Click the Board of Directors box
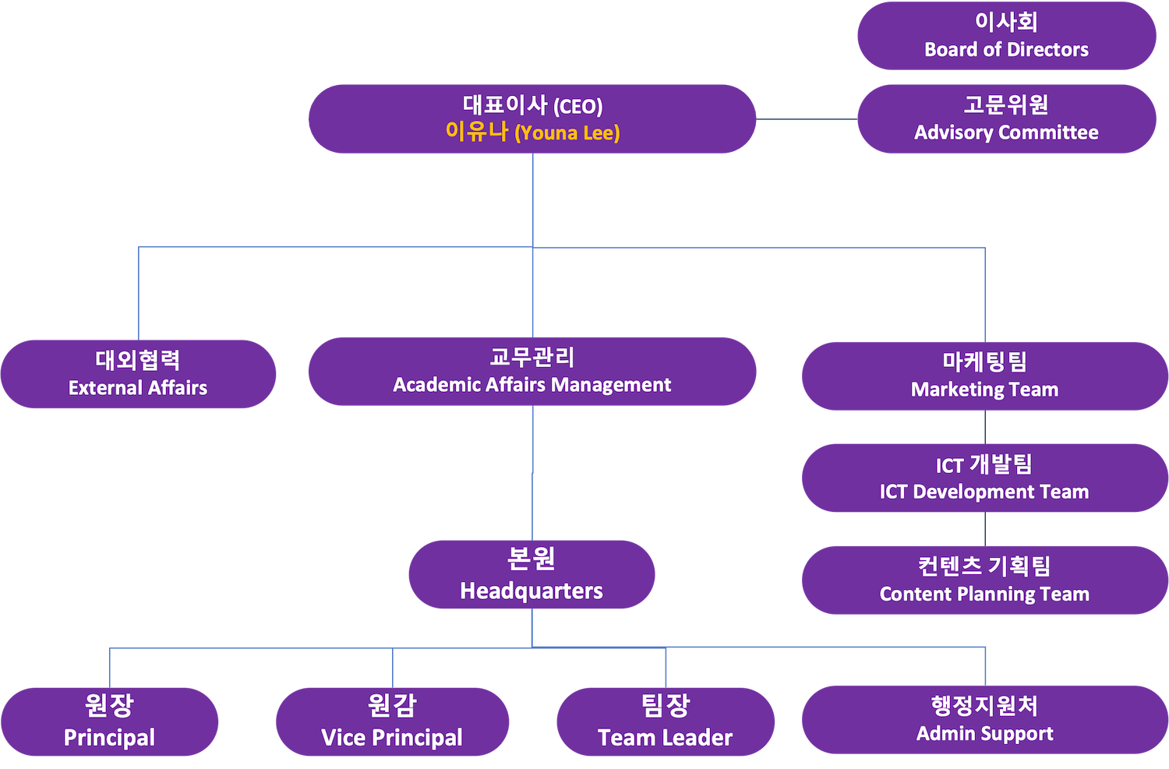coord(1006,36)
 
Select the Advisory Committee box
coord(1006,118)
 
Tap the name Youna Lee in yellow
coord(567,133)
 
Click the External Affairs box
coord(139,374)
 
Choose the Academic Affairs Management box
coord(532,372)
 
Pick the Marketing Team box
coord(984,376)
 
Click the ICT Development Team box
coord(984,478)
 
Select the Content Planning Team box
coord(984,580)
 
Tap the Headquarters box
coord(532,574)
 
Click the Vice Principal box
coord(392,721)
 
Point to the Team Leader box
coord(666,721)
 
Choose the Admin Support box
coord(985,720)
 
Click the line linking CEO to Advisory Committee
coord(807,119)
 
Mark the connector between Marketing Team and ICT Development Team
coord(984,427)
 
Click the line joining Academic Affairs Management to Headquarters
coord(532,473)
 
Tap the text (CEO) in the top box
coord(577,106)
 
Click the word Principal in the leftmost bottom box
coord(109,737)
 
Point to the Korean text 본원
coord(532,559)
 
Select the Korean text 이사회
coord(1006,22)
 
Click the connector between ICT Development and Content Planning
coord(984,529)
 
